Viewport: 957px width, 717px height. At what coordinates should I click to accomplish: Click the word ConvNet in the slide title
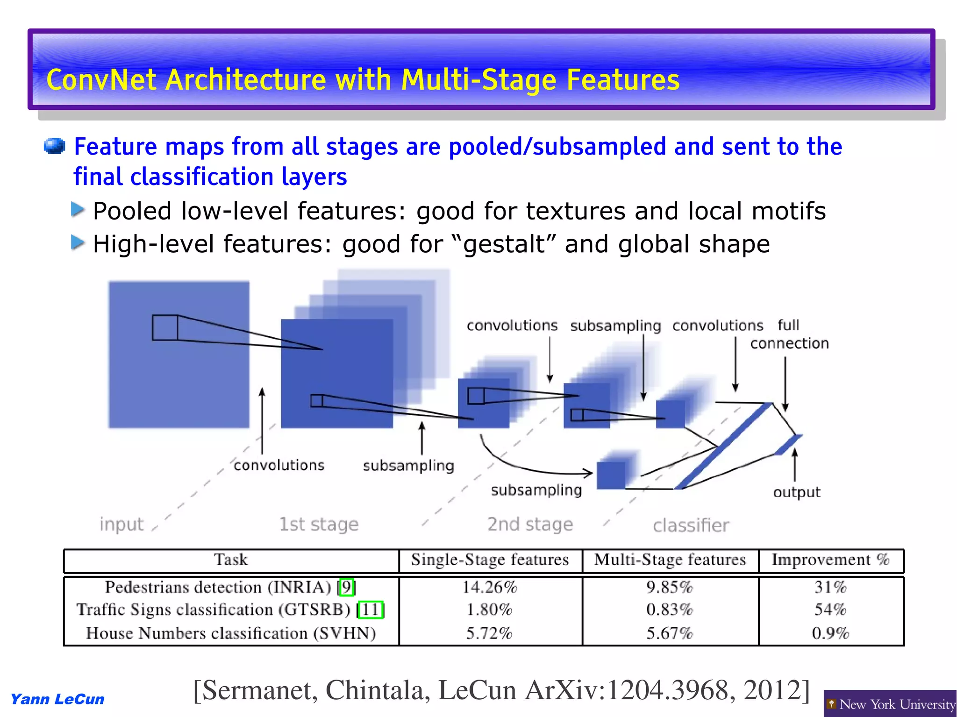point(101,80)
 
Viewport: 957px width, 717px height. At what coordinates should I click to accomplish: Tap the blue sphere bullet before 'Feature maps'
point(54,146)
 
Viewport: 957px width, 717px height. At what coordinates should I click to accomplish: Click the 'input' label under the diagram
point(121,524)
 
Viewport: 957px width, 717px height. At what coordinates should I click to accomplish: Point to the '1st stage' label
point(318,524)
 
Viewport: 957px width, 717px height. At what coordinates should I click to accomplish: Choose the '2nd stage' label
point(530,524)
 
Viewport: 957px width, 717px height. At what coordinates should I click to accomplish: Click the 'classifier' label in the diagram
point(691,525)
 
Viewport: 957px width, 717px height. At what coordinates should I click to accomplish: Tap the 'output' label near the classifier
point(796,492)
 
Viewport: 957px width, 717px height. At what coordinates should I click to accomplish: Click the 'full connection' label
point(789,334)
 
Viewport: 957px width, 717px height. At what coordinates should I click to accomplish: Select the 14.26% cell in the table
point(489,587)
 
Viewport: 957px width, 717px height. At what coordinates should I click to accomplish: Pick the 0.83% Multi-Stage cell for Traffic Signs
point(669,610)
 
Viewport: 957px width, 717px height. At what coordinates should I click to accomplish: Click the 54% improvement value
point(830,610)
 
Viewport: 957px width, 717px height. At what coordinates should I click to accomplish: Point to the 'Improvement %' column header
point(830,560)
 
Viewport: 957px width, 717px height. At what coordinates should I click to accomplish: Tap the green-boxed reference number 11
point(371,610)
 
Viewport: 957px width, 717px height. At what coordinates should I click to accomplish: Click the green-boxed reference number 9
point(346,587)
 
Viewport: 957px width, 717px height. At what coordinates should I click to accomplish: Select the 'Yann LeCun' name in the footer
point(57,699)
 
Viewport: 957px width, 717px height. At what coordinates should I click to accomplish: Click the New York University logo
point(890,704)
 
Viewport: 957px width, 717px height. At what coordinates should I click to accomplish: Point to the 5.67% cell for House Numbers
point(669,633)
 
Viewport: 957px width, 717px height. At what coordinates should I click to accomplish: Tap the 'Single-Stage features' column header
point(489,560)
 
